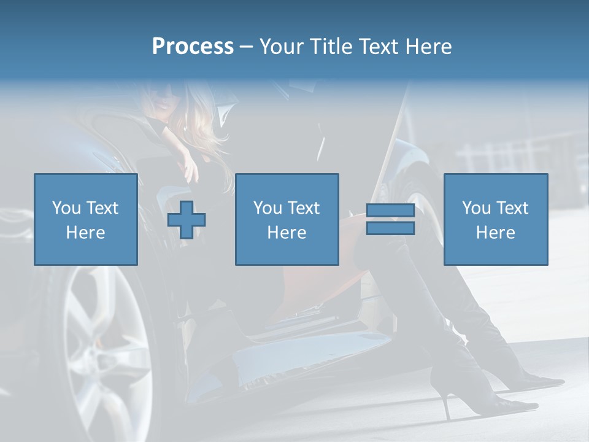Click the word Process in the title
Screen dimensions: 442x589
pos(193,47)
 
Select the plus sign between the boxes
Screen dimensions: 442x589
pos(187,220)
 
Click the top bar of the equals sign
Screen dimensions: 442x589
pos(390,211)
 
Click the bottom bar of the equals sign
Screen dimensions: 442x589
pos(390,228)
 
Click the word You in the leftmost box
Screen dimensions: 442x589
pos(66,208)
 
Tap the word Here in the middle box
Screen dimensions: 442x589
pos(287,233)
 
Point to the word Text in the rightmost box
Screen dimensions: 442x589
pos(512,208)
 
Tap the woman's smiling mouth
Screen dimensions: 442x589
pos(162,105)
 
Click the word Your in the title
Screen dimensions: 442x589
pos(283,47)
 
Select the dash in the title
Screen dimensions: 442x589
pos(246,47)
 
